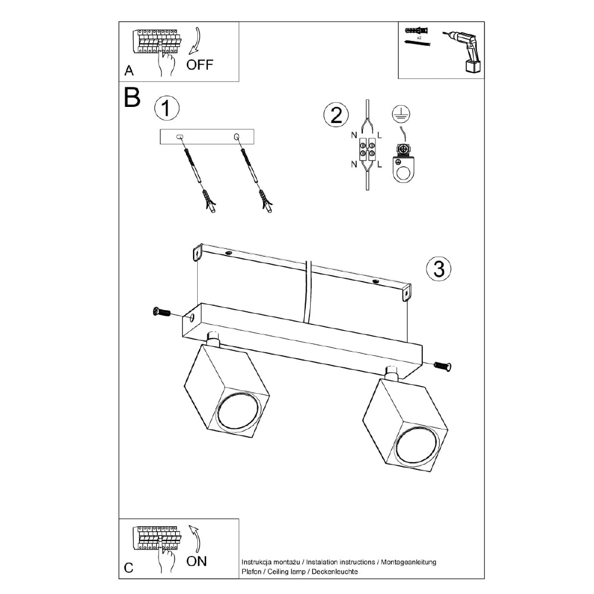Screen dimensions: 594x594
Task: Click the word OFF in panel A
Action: coord(200,65)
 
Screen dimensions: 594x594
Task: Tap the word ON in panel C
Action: coord(197,561)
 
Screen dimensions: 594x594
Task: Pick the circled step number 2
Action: coord(336,115)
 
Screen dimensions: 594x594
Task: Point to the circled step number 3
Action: coord(439,269)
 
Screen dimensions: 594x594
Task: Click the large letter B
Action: coord(132,97)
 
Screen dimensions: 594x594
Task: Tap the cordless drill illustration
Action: coord(463,51)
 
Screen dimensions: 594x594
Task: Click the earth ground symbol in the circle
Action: coord(401,114)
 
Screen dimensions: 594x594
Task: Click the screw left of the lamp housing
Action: coord(162,312)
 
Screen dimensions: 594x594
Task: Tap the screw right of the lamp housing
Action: coord(442,366)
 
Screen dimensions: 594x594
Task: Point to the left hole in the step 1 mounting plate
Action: coord(179,136)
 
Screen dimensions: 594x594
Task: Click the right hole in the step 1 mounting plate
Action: coord(237,137)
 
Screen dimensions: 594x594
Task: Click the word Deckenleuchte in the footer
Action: coord(334,571)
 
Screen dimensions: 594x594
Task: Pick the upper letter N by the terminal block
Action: coord(354,135)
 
